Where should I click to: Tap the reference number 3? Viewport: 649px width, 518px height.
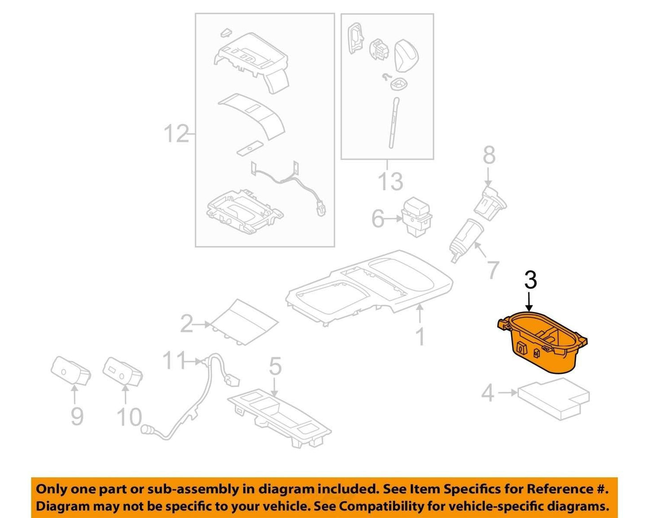coord(531,280)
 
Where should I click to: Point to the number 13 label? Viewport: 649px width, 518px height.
coord(391,182)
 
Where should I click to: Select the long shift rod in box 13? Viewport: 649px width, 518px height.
coord(393,123)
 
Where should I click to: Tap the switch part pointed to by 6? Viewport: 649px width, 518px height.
coord(416,215)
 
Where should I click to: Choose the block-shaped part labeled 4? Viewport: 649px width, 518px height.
coord(554,399)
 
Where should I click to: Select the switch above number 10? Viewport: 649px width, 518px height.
coord(123,372)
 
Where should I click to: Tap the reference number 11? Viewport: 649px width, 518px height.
coord(174,360)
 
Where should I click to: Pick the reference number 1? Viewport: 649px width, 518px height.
coord(420,336)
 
